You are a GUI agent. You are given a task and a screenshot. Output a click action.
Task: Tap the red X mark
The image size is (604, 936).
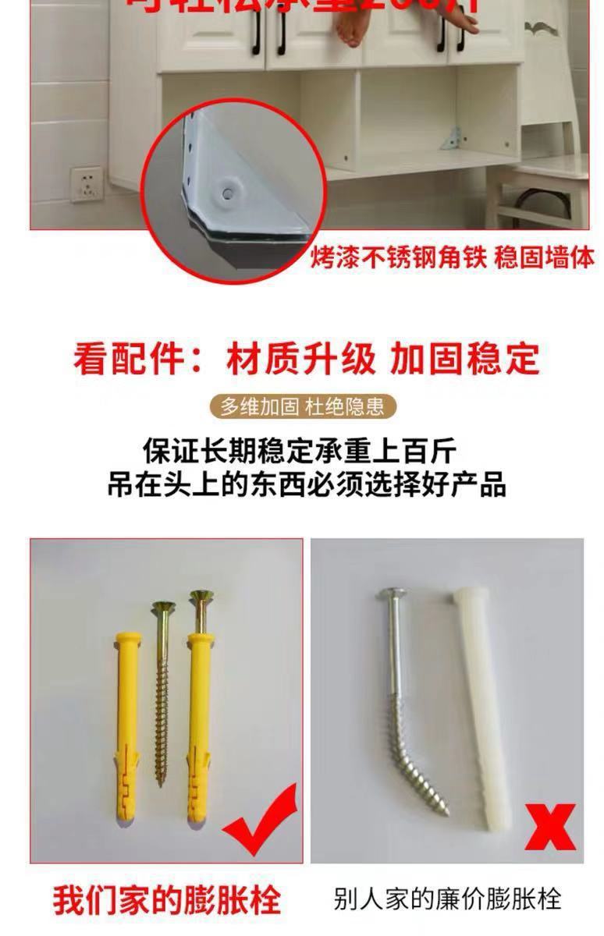551,827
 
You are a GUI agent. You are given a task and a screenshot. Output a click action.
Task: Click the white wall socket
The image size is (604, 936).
87,184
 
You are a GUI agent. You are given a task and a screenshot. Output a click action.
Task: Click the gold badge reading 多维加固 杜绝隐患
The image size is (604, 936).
302,406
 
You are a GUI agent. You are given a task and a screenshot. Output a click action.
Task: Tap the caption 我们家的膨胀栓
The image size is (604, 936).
166,899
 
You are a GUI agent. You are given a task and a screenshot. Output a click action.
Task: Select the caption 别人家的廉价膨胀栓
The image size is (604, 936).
447,899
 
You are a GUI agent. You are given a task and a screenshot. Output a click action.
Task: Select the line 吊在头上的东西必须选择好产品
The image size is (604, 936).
307,484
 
